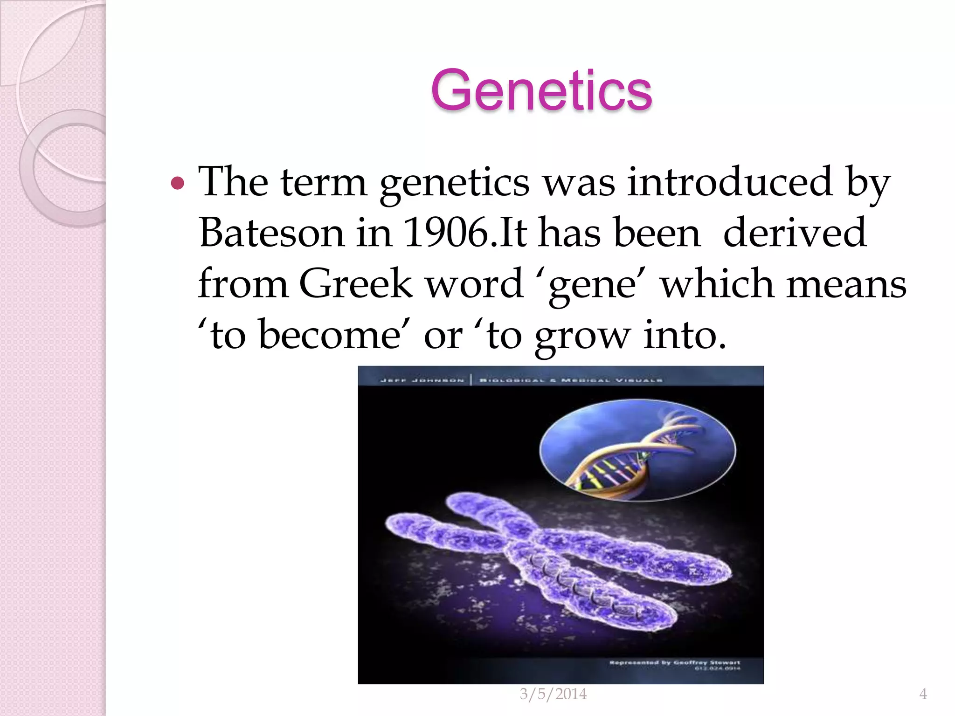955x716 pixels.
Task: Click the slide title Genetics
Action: coord(541,90)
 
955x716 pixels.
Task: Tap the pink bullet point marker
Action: coord(178,183)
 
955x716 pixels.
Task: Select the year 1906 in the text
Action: coord(446,233)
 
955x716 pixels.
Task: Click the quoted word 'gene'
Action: coord(592,284)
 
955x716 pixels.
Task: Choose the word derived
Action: coord(795,233)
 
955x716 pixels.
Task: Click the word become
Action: coord(329,335)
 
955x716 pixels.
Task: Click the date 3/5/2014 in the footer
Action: coord(553,694)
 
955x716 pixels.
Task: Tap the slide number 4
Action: coord(923,694)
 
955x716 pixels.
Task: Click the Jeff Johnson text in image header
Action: coord(422,380)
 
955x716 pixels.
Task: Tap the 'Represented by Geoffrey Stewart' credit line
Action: coord(674,662)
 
